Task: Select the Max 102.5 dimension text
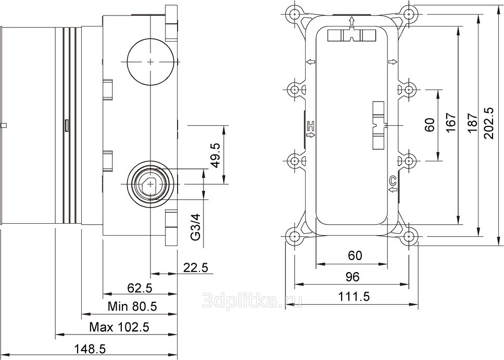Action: point(119,328)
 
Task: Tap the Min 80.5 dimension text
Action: point(132,306)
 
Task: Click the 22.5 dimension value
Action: point(196,267)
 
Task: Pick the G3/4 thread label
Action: point(196,227)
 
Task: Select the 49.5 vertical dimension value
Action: point(216,156)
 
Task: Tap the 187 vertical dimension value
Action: point(472,123)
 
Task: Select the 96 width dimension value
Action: point(352,277)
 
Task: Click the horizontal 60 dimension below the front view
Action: point(355,255)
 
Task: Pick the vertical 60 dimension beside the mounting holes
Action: point(430,125)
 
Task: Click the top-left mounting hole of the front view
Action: point(295,14)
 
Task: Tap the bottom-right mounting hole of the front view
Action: point(409,237)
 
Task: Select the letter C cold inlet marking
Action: point(393,182)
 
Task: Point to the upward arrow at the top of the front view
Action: point(351,21)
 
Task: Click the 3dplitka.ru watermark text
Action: point(253,301)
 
